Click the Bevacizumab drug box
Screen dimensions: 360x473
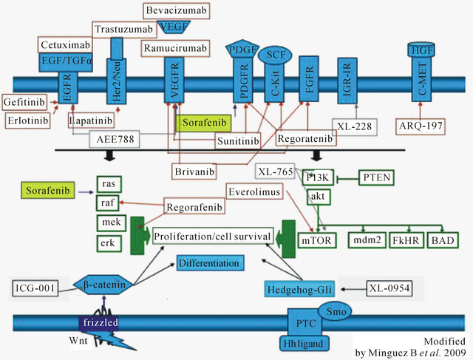177,10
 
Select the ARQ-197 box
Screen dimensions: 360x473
421,126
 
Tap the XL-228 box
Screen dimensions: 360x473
353,126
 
